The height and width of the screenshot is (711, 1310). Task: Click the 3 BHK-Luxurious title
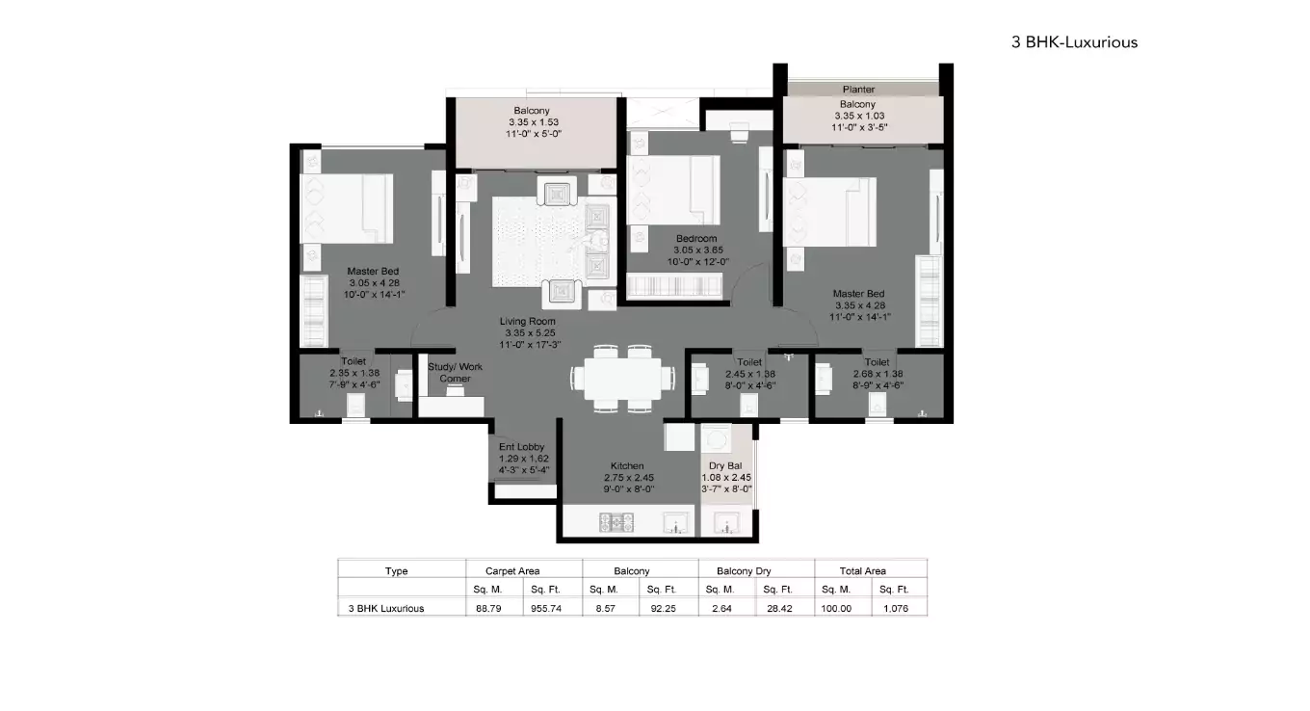click(1074, 41)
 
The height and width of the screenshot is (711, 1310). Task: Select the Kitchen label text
click(627, 465)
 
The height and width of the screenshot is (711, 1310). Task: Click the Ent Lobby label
click(521, 447)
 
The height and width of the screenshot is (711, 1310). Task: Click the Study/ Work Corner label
click(456, 372)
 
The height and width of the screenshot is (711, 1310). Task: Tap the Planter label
click(858, 90)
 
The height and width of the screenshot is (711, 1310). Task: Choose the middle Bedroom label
click(695, 238)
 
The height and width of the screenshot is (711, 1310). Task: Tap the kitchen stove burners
click(616, 522)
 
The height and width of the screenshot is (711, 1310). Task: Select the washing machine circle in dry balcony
click(719, 439)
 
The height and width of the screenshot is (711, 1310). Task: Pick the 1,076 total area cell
click(898, 608)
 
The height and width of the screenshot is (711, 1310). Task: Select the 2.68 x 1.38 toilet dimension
click(877, 374)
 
